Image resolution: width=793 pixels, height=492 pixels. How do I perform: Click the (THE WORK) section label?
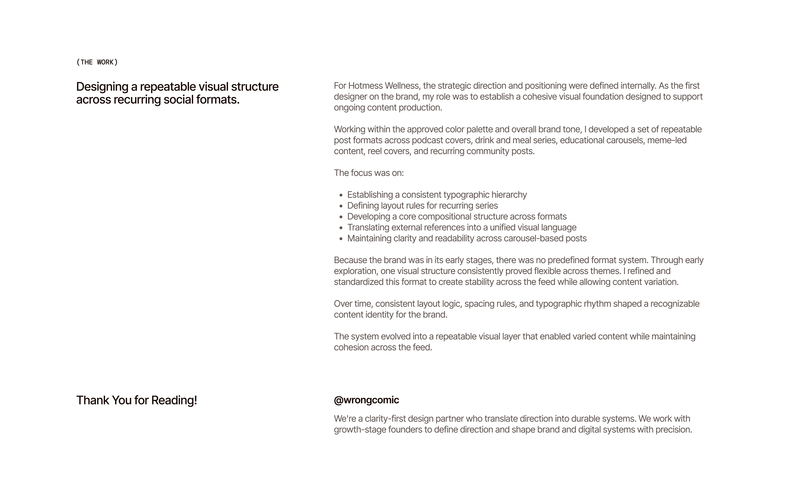[97, 62]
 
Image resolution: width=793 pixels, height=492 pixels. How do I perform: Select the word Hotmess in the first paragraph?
[365, 86]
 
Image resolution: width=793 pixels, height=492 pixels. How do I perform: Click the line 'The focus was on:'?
[369, 173]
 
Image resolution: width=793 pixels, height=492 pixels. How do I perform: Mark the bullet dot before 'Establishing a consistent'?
[341, 195]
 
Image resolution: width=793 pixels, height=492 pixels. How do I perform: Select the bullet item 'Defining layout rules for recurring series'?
[422, 206]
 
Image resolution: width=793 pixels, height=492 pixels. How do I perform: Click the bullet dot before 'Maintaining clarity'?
[341, 239]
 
